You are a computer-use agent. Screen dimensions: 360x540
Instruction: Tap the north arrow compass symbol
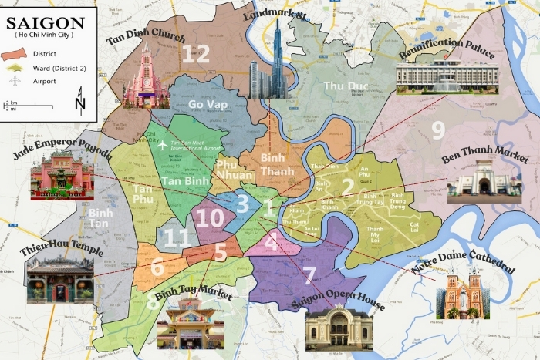pyautogui.click(x=81, y=101)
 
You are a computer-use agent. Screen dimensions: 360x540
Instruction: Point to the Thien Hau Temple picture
pyautogui.click(x=59, y=278)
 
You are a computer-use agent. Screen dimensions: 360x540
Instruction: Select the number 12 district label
pyautogui.click(x=196, y=53)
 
